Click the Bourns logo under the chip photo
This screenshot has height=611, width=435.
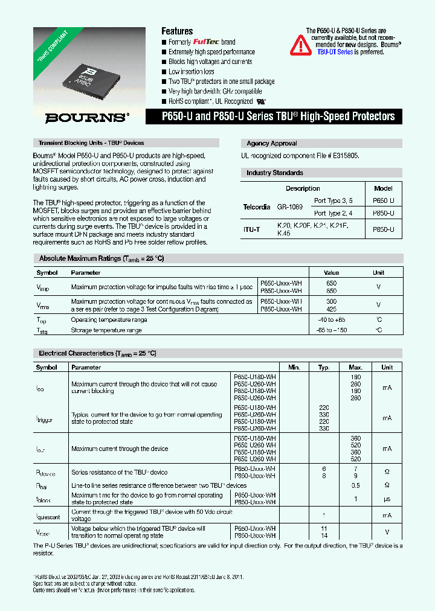87,118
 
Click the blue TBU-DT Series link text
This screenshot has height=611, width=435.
335,53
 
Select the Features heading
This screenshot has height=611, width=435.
177,31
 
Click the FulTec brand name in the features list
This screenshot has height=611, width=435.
206,42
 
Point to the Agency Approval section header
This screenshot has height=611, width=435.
271,144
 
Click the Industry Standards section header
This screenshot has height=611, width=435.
274,173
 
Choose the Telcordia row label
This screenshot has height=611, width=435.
257,207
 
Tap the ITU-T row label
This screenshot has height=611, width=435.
252,229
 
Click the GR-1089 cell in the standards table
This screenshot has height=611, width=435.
289,207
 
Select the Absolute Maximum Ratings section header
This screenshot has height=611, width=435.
101,258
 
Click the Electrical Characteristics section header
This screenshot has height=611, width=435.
97,353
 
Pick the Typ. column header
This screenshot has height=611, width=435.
324,367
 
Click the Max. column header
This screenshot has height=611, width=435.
355,367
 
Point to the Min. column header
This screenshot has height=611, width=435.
294,367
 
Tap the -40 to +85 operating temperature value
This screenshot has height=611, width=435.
331,319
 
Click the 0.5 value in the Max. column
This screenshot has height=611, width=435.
355,485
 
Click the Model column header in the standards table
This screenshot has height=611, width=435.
383,188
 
